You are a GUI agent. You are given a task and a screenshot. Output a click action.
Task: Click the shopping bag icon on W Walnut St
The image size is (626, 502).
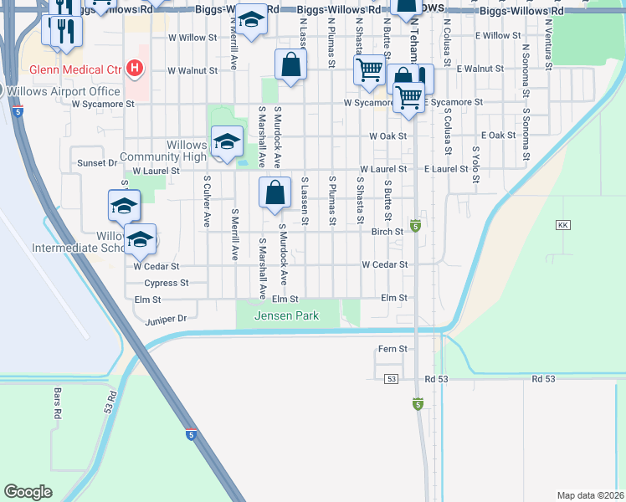[290, 64]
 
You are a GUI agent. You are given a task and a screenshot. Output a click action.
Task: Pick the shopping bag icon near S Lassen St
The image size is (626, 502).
[275, 193]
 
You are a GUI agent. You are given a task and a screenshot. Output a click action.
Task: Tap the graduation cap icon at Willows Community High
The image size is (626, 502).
[227, 141]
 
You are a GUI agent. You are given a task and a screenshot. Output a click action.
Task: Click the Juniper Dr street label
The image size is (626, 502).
[166, 319]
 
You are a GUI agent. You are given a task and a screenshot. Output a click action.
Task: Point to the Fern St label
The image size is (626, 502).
[392, 349]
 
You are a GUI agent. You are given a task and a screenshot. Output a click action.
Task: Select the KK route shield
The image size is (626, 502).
[562, 226]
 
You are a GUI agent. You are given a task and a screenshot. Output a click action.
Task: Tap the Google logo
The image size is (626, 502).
[28, 492]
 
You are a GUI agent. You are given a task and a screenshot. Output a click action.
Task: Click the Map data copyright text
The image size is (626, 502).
[589, 495]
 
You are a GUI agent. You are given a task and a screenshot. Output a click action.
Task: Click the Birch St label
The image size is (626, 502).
[387, 232]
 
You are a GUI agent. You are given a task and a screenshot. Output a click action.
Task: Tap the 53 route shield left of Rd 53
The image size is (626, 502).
[391, 379]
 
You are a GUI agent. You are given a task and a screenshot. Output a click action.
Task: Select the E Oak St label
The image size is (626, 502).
[499, 136]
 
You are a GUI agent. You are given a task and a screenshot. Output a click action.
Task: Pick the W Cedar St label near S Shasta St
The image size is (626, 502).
[384, 264]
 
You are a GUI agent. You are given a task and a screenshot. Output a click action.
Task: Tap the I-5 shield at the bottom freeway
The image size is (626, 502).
[192, 434]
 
